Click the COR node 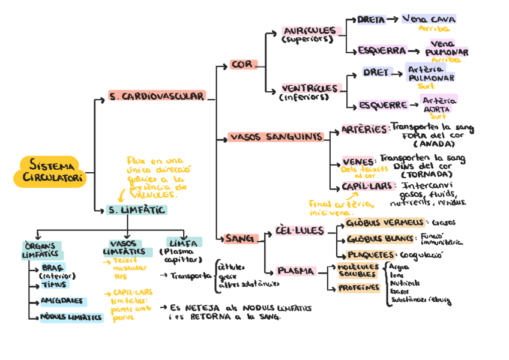tap(242, 64)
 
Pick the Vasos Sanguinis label tap(276, 137)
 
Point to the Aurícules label tap(310, 31)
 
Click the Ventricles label tap(310, 88)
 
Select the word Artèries tap(364, 129)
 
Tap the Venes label tap(358, 161)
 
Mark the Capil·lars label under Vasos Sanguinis tap(369, 186)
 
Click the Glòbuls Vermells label tap(385, 223)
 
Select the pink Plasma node tap(295, 271)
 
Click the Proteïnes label tap(358, 288)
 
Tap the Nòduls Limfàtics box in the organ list tap(71, 317)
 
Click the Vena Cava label tap(429, 19)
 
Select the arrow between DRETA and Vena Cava tap(393, 19)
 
